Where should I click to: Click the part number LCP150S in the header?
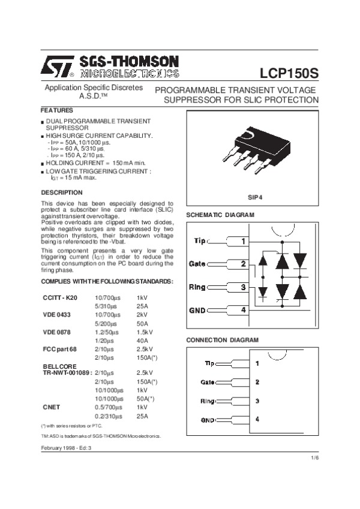point(289,73)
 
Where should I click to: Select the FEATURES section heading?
point(56,111)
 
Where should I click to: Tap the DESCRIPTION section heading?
point(61,192)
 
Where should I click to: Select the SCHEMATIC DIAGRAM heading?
point(220,215)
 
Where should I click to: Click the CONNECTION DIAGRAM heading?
point(222,340)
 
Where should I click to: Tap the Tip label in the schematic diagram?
point(200,241)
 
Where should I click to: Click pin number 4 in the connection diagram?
point(257,419)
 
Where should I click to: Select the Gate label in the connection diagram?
point(208,382)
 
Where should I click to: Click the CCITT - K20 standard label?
point(60,297)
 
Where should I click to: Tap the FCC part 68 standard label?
point(60,348)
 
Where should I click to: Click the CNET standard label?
point(51,406)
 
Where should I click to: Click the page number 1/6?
point(314,458)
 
